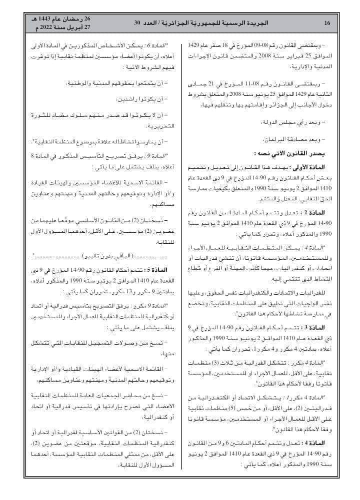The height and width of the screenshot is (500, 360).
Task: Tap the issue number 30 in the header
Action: [137, 23]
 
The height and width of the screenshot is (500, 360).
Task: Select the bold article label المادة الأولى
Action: [320, 166]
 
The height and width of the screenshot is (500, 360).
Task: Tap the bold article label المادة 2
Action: [327, 212]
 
